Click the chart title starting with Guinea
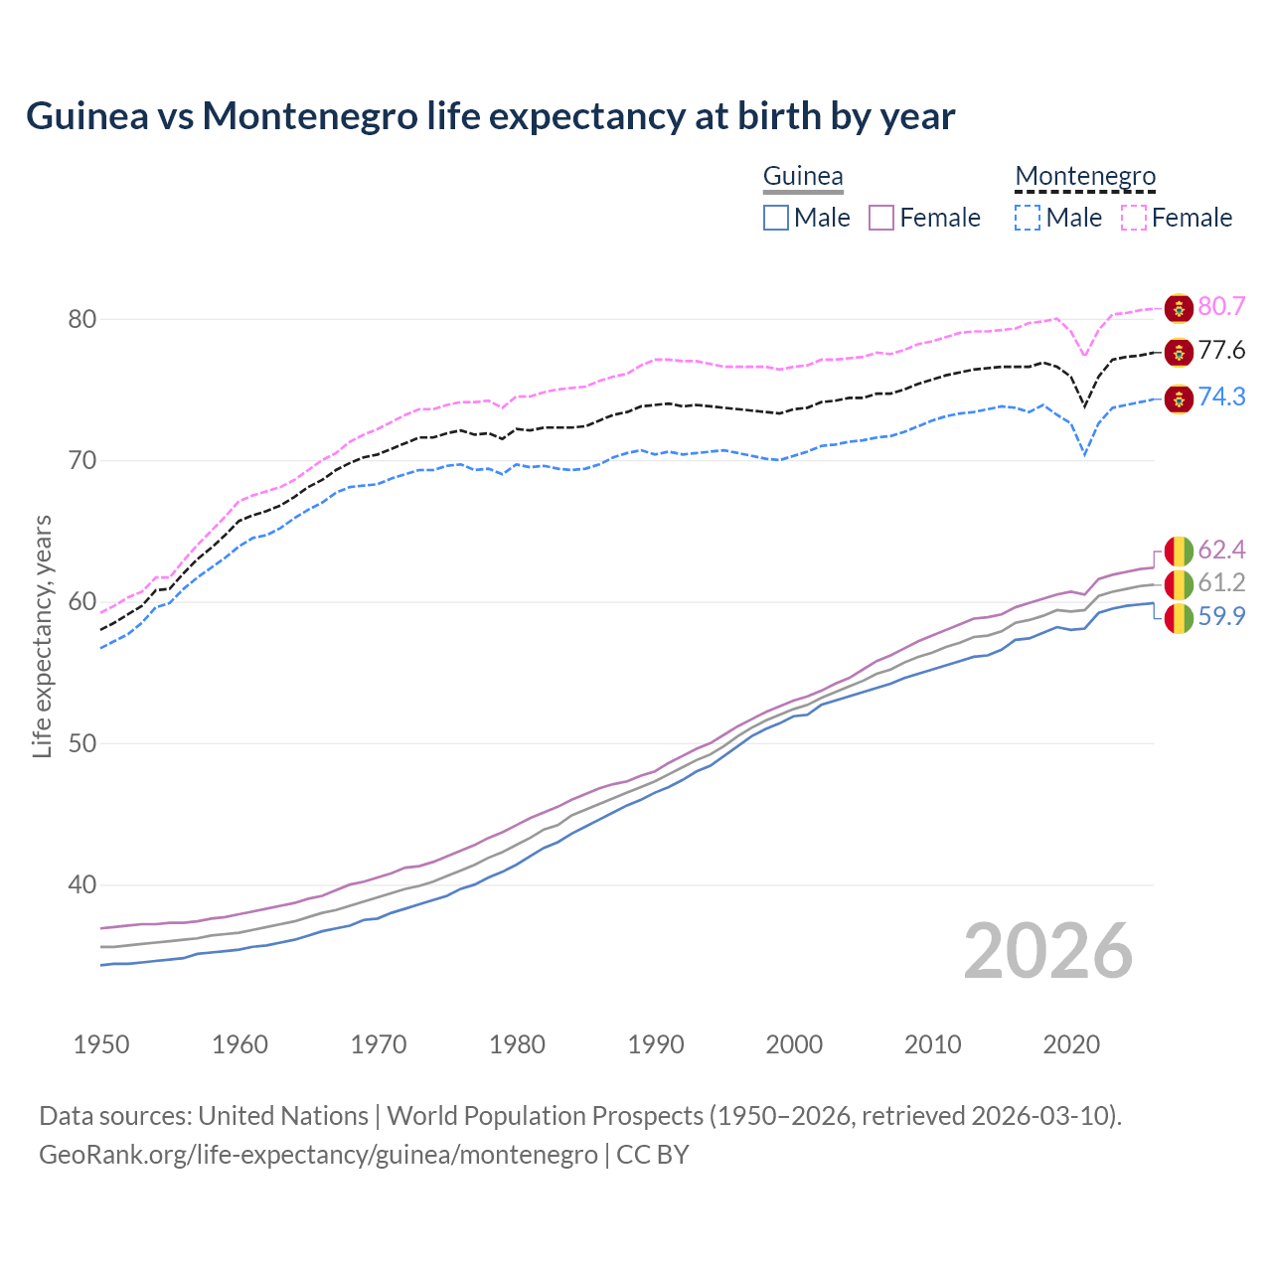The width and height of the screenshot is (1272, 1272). point(490,116)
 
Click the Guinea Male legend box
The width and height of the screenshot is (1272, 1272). point(776,218)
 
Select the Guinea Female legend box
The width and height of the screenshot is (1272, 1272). point(882,218)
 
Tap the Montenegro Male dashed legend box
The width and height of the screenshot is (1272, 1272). point(1028,218)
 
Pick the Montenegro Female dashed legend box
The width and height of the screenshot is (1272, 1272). point(1134,218)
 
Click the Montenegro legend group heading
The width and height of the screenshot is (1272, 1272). point(1085,176)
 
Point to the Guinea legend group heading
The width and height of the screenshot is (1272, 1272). point(803,176)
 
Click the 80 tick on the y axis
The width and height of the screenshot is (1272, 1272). point(81,319)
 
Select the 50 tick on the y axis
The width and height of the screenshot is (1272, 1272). point(81,743)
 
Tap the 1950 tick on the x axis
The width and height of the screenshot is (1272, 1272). point(101,1044)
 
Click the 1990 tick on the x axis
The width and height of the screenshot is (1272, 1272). point(656,1044)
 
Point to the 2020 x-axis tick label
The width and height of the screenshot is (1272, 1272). point(1071,1044)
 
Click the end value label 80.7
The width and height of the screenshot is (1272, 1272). point(1221,306)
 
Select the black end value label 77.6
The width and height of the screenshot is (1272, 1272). point(1221,351)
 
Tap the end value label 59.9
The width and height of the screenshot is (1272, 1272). point(1221,617)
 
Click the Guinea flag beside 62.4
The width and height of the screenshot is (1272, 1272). point(1179,551)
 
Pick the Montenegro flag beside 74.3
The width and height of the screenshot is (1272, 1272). point(1179,398)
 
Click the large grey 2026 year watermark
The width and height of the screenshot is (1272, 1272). point(1048,951)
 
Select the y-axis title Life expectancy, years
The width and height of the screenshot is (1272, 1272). point(42,636)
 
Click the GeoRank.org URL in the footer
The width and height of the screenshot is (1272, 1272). point(318,1155)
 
